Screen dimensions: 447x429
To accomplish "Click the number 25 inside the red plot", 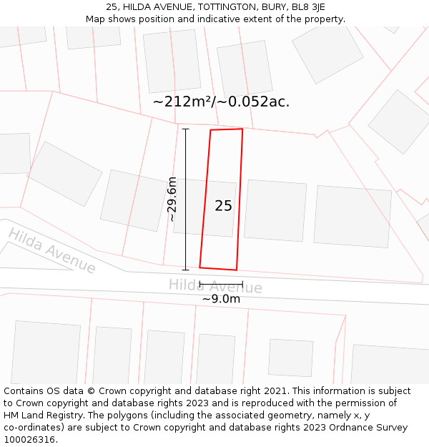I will (x=223, y=206).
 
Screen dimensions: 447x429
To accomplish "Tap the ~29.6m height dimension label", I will (x=172, y=200).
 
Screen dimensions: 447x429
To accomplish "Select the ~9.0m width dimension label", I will (x=221, y=299).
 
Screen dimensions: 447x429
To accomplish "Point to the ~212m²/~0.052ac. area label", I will (x=221, y=102).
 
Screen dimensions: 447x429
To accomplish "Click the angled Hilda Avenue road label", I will (x=52, y=251).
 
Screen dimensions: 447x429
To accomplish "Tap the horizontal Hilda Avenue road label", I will (x=215, y=286).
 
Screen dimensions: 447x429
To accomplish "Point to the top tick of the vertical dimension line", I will (x=185, y=129).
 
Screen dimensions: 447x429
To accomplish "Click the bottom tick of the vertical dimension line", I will (x=185, y=270).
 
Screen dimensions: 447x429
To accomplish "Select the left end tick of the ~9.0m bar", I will (x=199, y=285).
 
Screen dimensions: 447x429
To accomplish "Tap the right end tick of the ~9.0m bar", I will (x=243, y=285).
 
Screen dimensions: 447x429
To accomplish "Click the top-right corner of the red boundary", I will (x=242, y=129).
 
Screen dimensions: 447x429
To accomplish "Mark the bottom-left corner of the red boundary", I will (x=199, y=267).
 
